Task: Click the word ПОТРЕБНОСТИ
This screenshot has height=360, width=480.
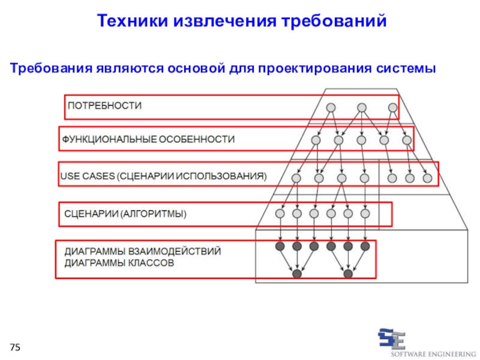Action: (x=104, y=106)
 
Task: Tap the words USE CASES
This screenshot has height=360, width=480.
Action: (x=88, y=176)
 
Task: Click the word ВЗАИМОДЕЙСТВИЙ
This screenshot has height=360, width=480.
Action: (x=175, y=251)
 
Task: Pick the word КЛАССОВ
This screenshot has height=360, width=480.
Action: (x=151, y=263)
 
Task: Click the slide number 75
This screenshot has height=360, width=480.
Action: (x=15, y=347)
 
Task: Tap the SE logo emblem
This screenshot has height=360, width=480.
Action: (x=392, y=338)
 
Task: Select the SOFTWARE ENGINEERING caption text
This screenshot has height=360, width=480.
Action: (x=433, y=354)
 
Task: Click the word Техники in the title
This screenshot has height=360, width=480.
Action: (x=133, y=21)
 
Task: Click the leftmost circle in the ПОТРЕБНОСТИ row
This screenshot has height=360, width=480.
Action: (x=331, y=108)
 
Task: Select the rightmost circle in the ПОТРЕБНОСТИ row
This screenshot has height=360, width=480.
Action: (x=393, y=108)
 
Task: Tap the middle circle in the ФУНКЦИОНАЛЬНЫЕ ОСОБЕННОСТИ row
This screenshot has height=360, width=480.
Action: (x=362, y=140)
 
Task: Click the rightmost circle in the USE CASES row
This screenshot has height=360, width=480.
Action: (x=427, y=178)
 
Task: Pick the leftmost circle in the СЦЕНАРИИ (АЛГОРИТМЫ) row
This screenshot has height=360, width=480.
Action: (x=280, y=214)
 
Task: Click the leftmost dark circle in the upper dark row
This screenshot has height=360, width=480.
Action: (x=280, y=246)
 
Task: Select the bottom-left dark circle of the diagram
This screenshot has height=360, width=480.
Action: (x=297, y=274)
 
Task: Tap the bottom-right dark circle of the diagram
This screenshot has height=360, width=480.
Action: (x=348, y=274)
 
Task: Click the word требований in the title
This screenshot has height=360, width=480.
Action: (x=334, y=21)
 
